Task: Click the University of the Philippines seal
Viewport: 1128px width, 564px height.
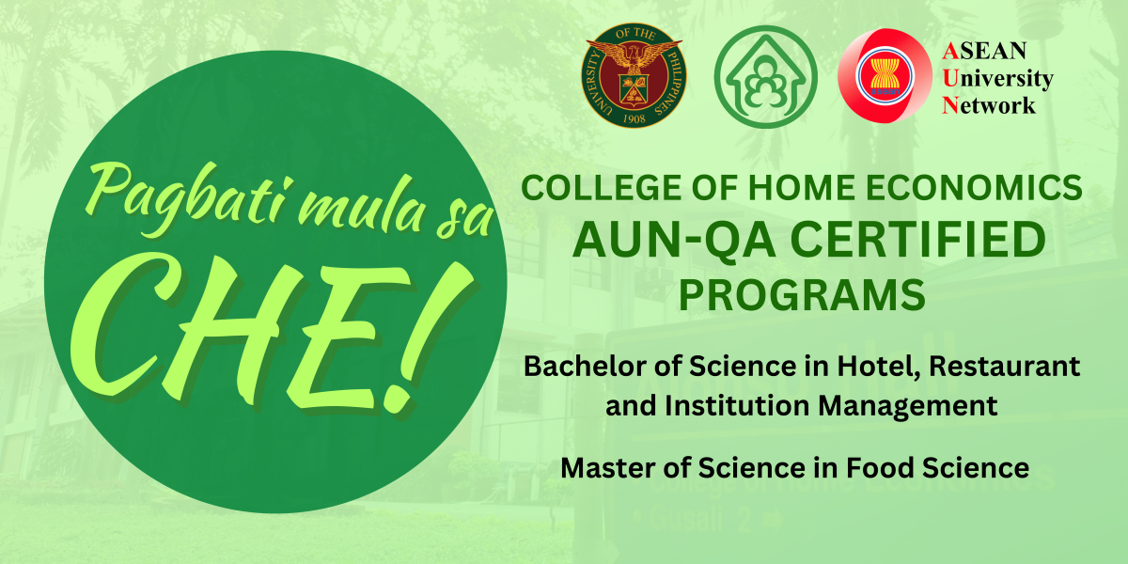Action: coord(634,75)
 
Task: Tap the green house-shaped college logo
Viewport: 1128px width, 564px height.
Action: coord(760,75)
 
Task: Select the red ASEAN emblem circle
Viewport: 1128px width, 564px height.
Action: coord(880,76)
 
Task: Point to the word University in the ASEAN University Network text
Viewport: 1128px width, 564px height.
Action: coord(996,78)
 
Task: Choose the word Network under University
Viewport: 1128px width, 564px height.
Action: coord(989,105)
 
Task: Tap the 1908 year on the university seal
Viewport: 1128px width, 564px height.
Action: coord(634,122)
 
